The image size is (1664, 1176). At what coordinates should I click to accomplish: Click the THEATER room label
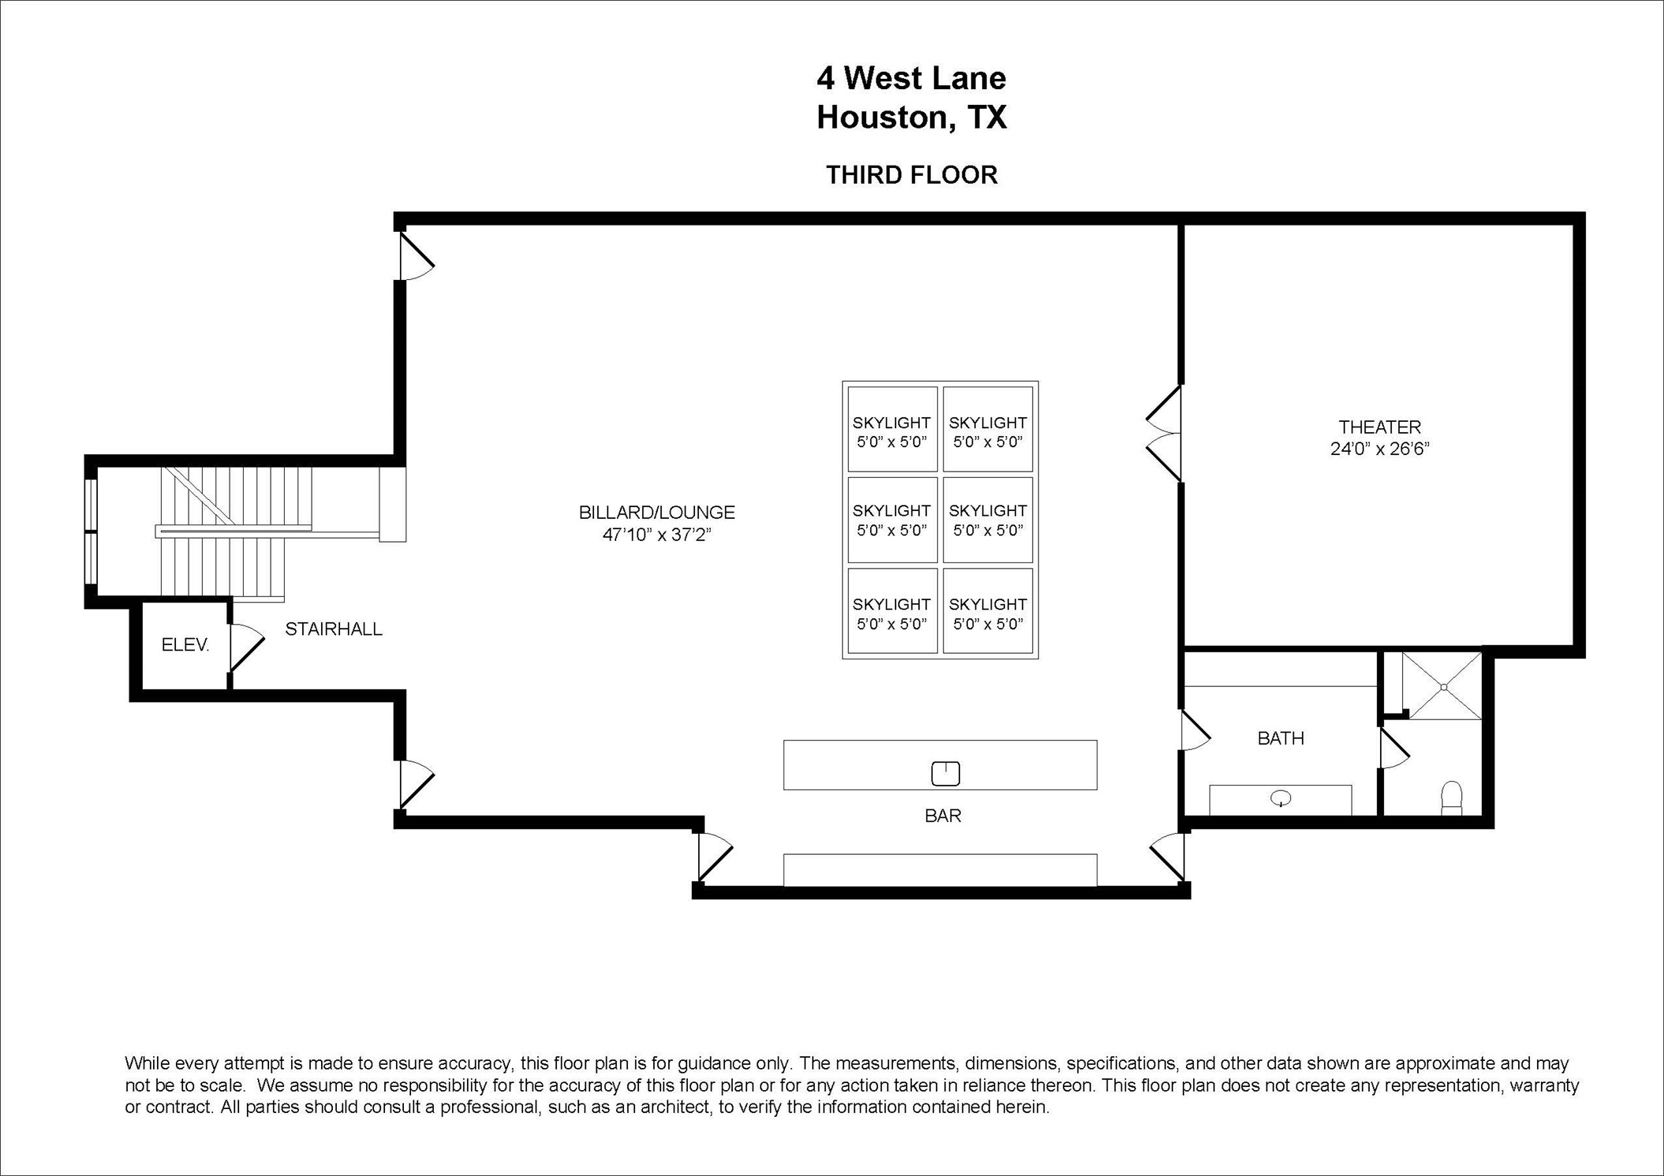coord(1379,427)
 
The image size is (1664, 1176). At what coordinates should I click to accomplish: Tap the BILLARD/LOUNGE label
coord(656,513)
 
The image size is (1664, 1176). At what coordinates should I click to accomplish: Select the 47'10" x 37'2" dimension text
coord(656,535)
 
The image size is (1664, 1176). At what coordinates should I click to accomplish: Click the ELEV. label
coord(185,645)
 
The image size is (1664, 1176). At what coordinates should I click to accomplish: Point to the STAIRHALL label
coord(333,629)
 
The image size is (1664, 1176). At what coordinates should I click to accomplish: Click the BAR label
coord(943,816)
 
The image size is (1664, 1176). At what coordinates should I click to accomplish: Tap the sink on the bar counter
coord(945,773)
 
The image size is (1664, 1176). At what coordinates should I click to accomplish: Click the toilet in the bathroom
coord(1451,797)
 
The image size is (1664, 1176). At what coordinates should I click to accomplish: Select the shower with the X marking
coord(1444,686)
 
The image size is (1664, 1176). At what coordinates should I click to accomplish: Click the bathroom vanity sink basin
coord(1281,800)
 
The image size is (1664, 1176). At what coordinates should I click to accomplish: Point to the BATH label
coord(1281,738)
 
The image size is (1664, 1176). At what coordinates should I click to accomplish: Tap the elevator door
coord(245,647)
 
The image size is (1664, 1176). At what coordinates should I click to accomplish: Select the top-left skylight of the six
coord(892,430)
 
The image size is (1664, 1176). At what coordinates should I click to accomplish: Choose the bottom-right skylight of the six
coord(988,611)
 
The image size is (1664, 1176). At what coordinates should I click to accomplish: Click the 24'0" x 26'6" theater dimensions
coord(1379,450)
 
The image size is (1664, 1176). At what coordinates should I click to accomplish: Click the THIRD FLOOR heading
coord(911,175)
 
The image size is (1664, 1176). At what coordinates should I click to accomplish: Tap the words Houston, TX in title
coord(911,118)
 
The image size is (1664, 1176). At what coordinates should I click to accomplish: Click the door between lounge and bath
coord(1194,732)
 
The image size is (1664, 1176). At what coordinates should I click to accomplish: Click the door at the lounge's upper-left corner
coord(415,257)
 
